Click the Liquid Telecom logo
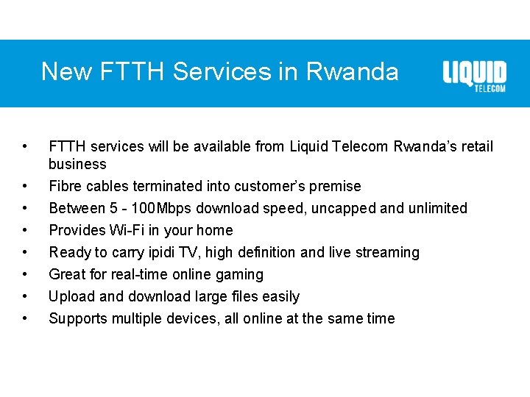tap(474, 76)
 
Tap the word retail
tap(476, 147)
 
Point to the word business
tap(77, 164)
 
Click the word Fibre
tap(65, 186)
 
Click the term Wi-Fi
tap(127, 230)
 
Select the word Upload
tap(71, 296)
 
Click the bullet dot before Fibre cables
tap(26, 186)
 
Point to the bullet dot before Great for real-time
tap(26, 274)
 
